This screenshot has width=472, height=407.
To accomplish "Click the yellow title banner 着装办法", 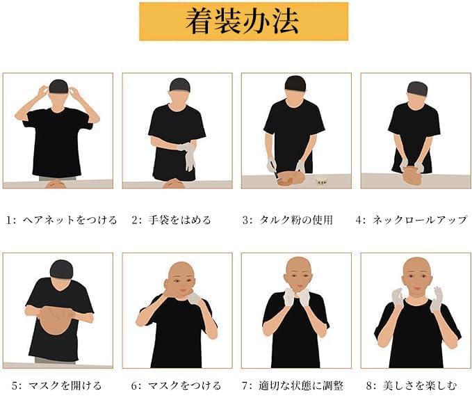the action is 243,22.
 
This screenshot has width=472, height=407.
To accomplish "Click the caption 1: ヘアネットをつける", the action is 61,220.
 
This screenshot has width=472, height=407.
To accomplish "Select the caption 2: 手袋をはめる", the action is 171,220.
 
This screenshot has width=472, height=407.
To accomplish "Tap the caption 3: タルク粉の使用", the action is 288,220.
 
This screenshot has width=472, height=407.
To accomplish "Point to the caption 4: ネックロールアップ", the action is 412,220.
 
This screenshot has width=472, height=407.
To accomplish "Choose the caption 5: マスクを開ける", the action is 56,385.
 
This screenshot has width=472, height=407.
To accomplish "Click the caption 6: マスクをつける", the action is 176,385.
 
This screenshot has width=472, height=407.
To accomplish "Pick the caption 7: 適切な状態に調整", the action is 292,385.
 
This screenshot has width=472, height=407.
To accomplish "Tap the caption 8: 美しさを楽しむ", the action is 412,385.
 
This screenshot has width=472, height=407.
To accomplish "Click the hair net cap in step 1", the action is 58,86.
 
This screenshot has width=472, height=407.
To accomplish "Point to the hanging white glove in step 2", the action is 189,157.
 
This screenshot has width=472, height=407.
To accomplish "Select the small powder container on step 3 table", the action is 322,182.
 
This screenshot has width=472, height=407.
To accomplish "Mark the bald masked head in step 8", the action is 417,275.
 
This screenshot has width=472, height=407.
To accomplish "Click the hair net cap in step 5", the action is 61,269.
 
